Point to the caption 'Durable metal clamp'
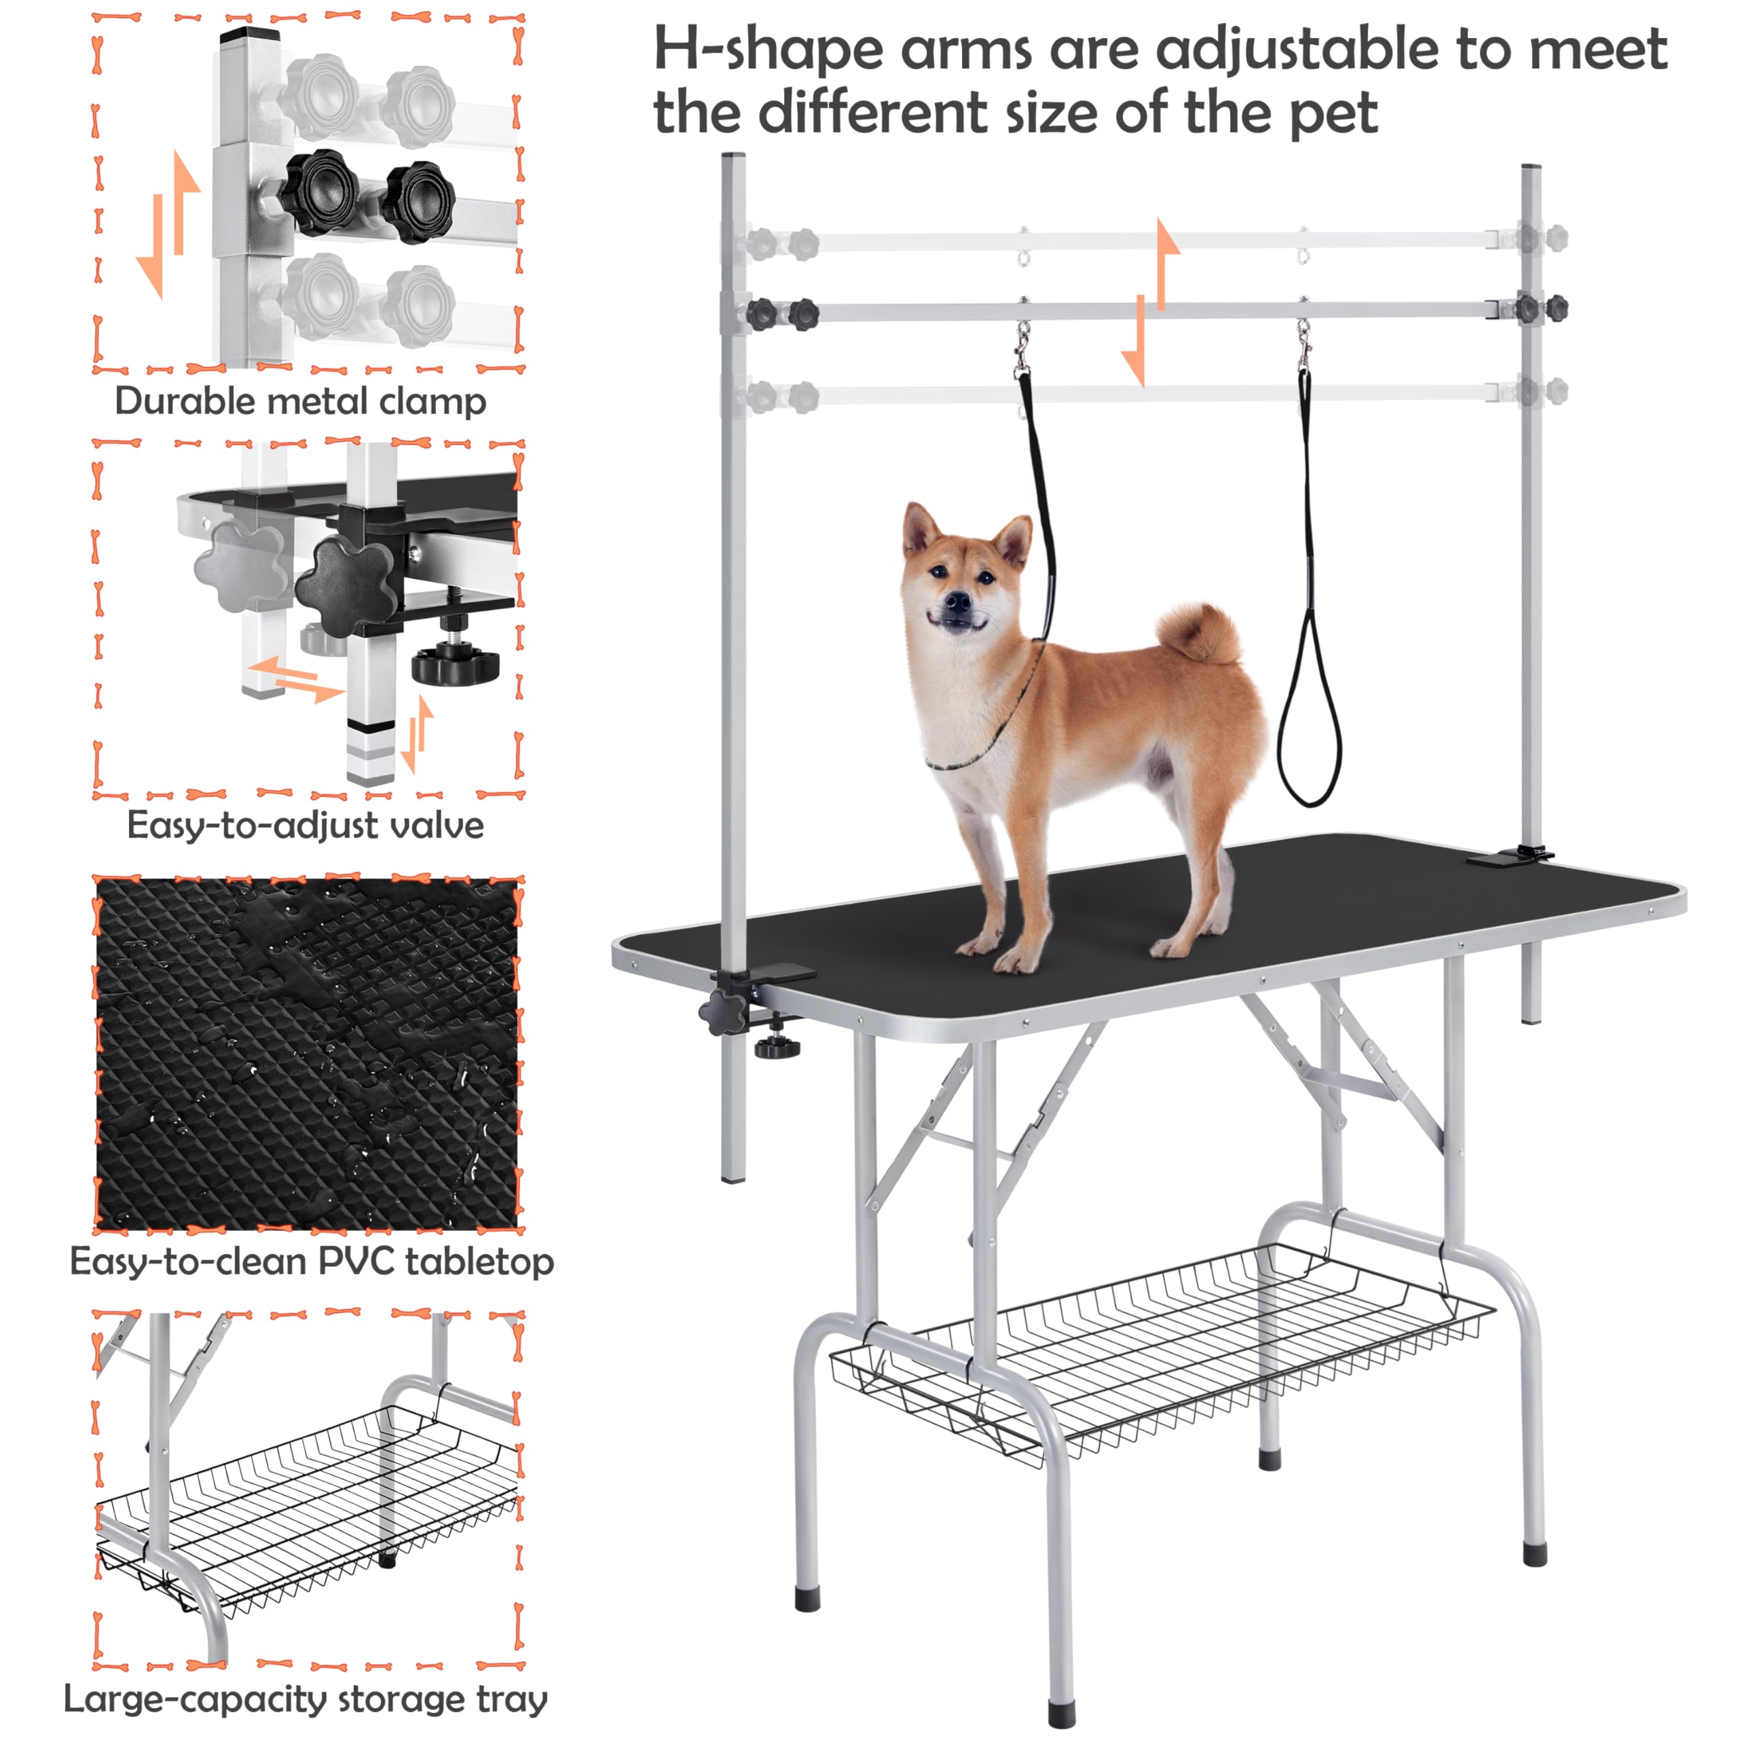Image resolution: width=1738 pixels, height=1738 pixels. pyautogui.click(x=301, y=401)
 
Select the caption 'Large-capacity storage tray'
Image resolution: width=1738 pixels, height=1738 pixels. pyautogui.click(x=306, y=1699)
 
